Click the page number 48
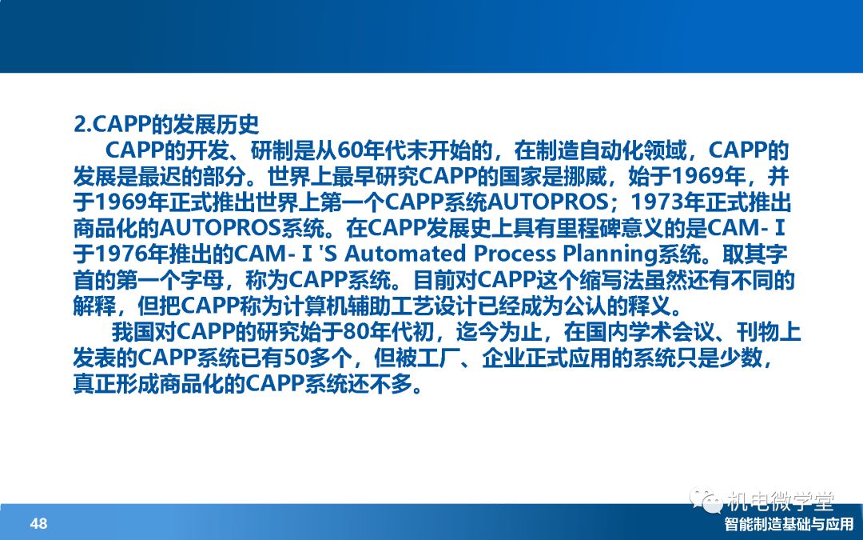[x=39, y=523]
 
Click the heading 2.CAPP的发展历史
[x=166, y=125]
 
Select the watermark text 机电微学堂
[x=781, y=501]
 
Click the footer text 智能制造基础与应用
[x=789, y=524]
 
